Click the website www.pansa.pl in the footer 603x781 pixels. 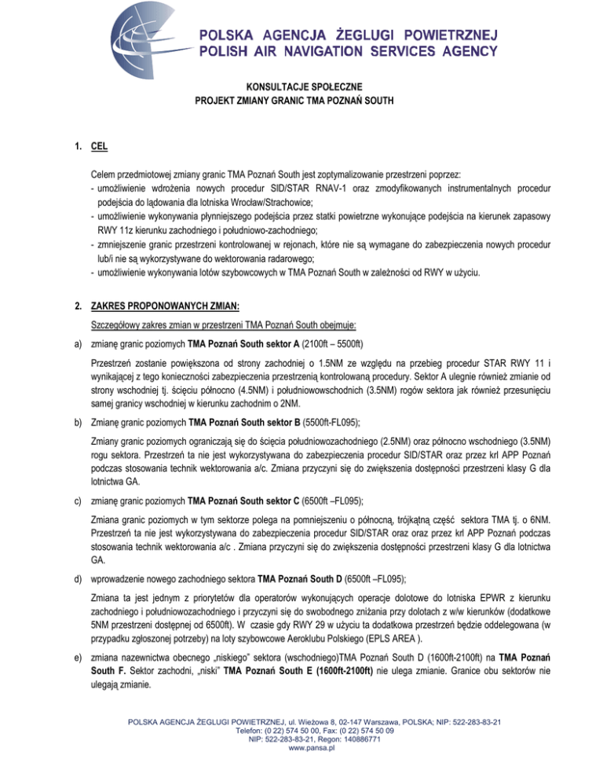coord(301,772)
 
